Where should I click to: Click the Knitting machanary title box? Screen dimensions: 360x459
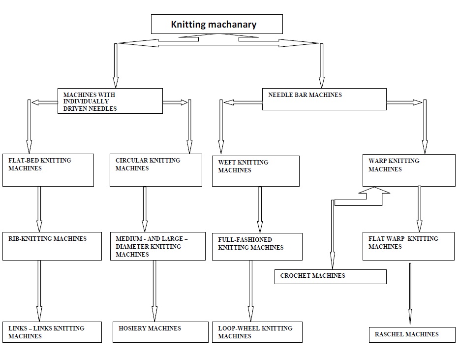tap(216, 24)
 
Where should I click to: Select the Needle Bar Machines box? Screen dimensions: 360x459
tap(324, 99)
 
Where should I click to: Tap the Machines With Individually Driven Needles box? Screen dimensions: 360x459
tap(110, 101)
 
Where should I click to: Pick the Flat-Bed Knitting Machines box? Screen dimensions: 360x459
tap(48, 170)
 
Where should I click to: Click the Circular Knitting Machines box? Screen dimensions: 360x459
tap(155, 170)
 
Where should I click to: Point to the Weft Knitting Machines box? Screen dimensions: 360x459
tap(255, 171)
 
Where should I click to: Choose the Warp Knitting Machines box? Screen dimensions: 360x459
tap(409, 170)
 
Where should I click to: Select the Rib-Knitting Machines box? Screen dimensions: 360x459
tap(51, 246)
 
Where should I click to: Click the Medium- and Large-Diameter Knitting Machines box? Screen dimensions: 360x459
tap(157, 246)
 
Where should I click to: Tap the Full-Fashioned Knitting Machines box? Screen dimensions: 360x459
tap(257, 246)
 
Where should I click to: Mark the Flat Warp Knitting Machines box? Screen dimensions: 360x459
tap(408, 246)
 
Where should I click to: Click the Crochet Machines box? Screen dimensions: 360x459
tap(330, 276)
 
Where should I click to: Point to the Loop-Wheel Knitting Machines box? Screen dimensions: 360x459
tap(257, 332)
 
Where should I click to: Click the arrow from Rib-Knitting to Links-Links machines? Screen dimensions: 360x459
tap(39, 291)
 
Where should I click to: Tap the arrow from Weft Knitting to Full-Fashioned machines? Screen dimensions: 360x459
tap(260, 209)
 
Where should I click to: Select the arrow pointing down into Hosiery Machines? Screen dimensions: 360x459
tap(154, 291)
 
